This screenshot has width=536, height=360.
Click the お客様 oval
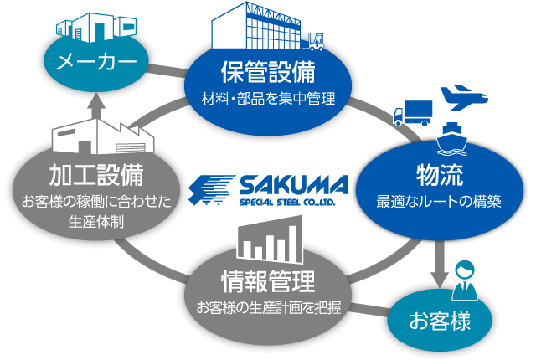coord(440,321)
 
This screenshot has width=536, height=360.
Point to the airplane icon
coord(462,97)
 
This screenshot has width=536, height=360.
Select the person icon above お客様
coord(463,280)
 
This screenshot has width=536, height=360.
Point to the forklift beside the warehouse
coord(317,41)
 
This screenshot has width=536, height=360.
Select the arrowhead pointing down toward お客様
coord(436,276)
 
